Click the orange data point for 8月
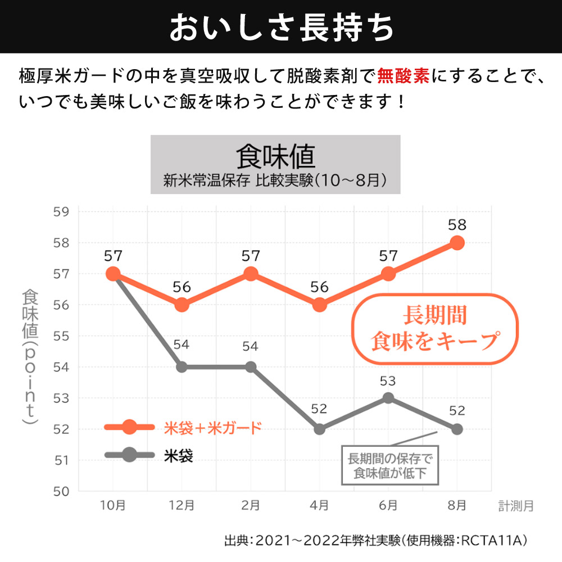[x=457, y=243]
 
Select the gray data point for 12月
[x=182, y=367]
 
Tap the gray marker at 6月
[x=388, y=398]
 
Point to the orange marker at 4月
[x=319, y=305]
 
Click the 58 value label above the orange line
[x=457, y=225]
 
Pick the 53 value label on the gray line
[x=388, y=381]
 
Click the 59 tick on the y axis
[x=62, y=212]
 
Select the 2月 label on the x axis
[x=251, y=506]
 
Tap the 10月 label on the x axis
[x=113, y=506]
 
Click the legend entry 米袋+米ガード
[x=212, y=428]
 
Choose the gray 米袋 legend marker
[x=129, y=454]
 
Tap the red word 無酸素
[x=404, y=75]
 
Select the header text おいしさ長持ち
[x=281, y=27]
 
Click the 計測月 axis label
[x=516, y=506]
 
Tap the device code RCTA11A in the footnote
[x=493, y=541]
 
